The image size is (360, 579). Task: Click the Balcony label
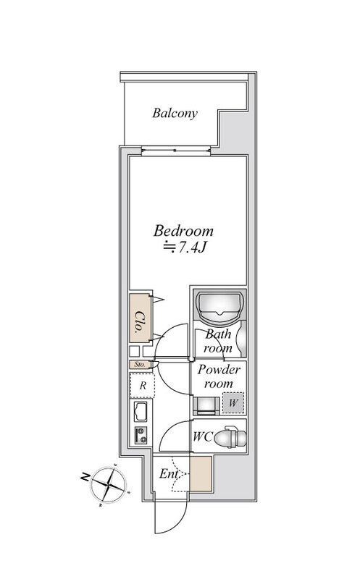click(175, 113)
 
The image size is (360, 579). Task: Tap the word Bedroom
click(183, 231)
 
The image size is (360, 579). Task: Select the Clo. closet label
click(139, 322)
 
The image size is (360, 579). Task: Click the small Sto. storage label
click(140, 365)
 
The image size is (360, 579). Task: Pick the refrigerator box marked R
click(142, 385)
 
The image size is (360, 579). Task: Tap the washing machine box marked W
click(233, 402)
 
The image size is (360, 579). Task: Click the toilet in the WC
click(230, 437)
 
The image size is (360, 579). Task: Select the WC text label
click(203, 437)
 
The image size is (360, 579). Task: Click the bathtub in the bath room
click(220, 306)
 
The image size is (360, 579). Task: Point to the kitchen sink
click(141, 412)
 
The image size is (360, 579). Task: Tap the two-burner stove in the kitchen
click(141, 436)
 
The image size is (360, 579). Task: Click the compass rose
click(109, 483)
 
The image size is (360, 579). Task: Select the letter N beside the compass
click(85, 476)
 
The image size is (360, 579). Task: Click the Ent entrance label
click(169, 474)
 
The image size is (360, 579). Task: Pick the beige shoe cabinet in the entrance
click(201, 474)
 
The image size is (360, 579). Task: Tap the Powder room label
click(219, 376)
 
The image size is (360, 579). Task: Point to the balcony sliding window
click(176, 151)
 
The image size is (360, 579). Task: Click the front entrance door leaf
click(155, 516)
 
